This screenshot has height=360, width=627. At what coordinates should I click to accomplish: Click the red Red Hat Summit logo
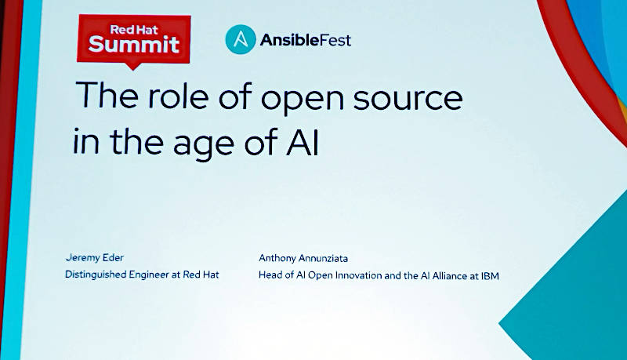tap(133, 40)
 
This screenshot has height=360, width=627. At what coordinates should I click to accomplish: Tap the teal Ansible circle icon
tap(241, 39)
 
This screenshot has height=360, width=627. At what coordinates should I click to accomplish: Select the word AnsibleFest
tap(306, 39)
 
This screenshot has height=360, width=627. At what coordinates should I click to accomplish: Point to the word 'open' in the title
tap(303, 100)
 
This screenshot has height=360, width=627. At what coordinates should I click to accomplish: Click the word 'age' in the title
tap(204, 144)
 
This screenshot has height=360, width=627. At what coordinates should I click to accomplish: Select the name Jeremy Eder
tap(95, 258)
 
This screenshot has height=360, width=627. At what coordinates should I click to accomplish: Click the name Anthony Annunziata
tap(303, 258)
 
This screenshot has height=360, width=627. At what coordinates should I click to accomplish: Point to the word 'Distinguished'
tap(96, 275)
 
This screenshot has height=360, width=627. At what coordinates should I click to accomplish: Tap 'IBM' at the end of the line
tap(490, 275)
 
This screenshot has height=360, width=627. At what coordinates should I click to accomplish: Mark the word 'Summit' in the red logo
tap(133, 44)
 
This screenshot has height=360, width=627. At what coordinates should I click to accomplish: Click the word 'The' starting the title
tap(107, 95)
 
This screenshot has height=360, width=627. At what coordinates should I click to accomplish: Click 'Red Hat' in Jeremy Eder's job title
tap(201, 275)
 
